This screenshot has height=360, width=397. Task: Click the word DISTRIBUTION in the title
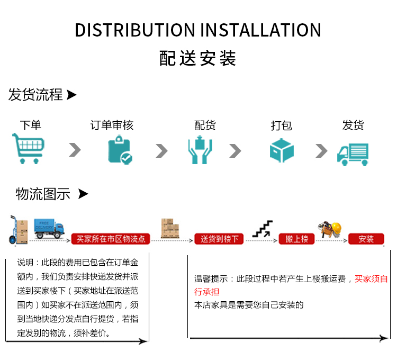[x=136, y=30]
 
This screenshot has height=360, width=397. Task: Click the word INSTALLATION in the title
[x=261, y=30]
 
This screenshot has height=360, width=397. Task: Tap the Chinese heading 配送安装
[x=198, y=58]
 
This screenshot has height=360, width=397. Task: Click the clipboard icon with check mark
[x=120, y=149]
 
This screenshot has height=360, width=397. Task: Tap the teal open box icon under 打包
[x=282, y=150]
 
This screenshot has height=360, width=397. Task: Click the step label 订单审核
[x=112, y=125]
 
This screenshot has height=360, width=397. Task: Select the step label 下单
[x=30, y=125]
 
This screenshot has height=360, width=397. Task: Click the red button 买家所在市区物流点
[x=111, y=239]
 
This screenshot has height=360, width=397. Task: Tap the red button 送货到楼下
[x=219, y=239]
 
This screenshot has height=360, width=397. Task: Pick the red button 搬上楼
[x=296, y=239]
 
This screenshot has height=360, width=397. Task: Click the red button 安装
[x=366, y=239]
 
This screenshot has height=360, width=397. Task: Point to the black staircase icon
[x=263, y=229]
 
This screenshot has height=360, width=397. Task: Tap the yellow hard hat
[x=339, y=228]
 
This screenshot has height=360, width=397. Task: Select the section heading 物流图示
[x=43, y=194]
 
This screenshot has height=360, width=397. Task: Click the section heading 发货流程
[x=35, y=95]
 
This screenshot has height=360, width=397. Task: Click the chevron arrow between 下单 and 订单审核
[x=75, y=150]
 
